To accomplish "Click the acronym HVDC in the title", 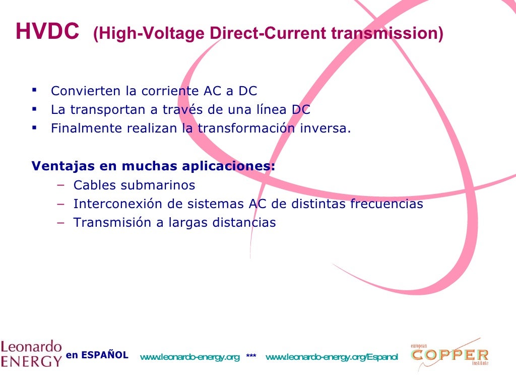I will click(47, 32).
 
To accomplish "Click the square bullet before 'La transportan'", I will click(34, 108).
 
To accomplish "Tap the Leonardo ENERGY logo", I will click(31, 354).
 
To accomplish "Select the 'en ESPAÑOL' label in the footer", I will click(97, 355).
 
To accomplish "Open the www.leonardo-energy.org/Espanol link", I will click(332, 357).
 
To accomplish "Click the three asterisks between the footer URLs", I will click(251, 357).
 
